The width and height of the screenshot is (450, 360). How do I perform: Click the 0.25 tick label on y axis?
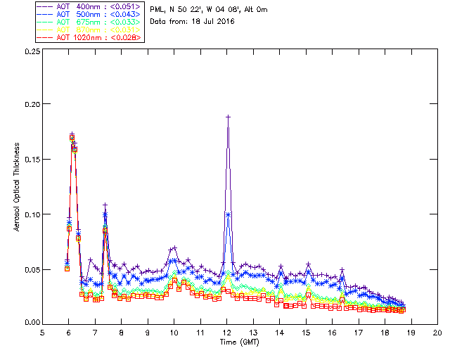pyautogui.click(x=31, y=52)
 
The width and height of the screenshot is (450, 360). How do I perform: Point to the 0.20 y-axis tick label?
pyautogui.click(x=31, y=104)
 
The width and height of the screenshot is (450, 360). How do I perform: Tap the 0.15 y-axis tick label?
pyautogui.click(x=31, y=160)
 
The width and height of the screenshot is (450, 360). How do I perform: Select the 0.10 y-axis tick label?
pyautogui.click(x=31, y=214)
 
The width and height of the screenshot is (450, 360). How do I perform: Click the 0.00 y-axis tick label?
pyautogui.click(x=31, y=322)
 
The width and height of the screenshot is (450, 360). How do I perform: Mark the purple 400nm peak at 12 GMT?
pyautogui.click(x=228, y=117)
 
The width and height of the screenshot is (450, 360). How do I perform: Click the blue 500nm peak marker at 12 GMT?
pyautogui.click(x=228, y=214)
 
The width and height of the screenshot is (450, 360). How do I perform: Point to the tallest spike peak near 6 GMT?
pyautogui.click(x=72, y=133)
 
